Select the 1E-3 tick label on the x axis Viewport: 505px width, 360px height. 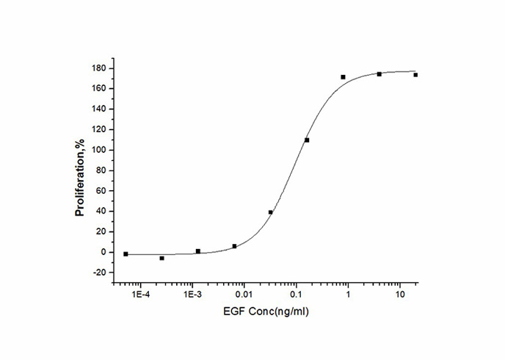[x=192, y=295]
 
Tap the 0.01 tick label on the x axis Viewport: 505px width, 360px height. [x=244, y=295]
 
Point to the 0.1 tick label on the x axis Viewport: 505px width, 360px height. [x=296, y=295]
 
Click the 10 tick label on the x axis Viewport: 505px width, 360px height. [x=399, y=295]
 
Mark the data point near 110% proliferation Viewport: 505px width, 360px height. [x=307, y=140]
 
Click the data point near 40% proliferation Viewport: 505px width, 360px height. [x=271, y=212]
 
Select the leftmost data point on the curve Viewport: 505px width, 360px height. [x=126, y=254]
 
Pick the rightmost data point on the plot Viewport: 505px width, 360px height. [x=415, y=75]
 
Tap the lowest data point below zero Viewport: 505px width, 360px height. [x=161, y=259]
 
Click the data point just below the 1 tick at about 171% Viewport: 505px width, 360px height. [x=343, y=77]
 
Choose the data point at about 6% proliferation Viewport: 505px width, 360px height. [x=234, y=246]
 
